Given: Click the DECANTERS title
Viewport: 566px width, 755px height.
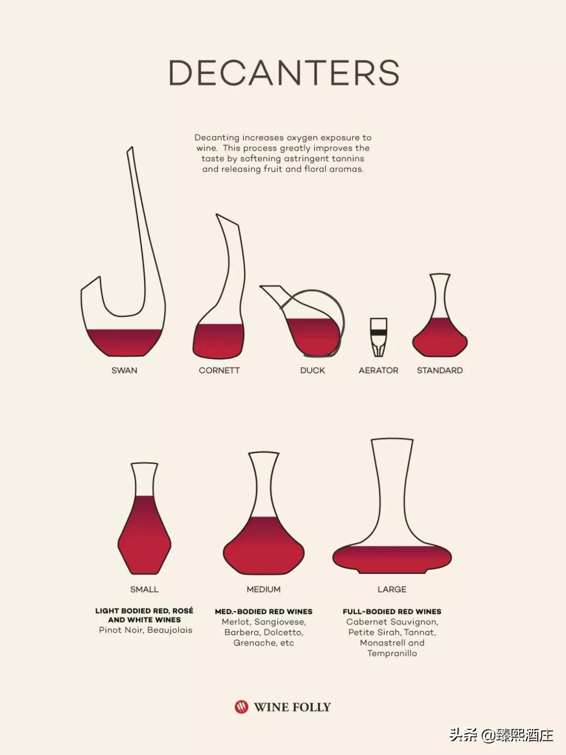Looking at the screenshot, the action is [284, 72].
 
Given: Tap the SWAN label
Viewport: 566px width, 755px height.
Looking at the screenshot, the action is [124, 370].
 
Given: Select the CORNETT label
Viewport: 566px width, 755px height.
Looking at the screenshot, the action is [219, 370].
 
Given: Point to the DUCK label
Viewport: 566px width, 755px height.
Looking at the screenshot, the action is [312, 370].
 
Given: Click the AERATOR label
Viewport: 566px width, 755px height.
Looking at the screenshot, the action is [378, 370].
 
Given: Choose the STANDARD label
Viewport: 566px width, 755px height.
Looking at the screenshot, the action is [440, 370].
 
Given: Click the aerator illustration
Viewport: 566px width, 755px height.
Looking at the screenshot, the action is [378, 337].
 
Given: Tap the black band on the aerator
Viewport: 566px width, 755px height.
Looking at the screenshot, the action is [378, 332].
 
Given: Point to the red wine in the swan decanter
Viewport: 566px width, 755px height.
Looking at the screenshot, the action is [124, 343].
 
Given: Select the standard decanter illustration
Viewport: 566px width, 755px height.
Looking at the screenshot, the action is [440, 315].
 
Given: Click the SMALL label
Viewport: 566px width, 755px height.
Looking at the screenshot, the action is [144, 589].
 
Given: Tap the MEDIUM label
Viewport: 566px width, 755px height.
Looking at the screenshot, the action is [264, 589].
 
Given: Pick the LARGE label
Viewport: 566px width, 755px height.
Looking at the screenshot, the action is [392, 589].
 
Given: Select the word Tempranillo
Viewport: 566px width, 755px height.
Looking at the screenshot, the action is [392, 653].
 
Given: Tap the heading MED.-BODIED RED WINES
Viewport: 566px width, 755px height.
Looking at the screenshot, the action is [264, 612].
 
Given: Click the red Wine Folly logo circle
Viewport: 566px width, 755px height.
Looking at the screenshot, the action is [241, 707].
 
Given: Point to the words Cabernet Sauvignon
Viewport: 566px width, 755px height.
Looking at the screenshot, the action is [392, 622].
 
